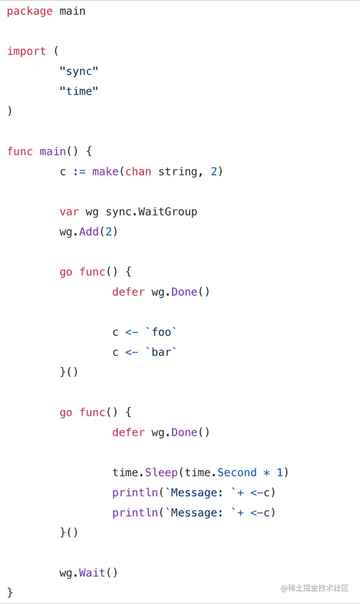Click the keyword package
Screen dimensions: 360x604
pyautogui.click(x=30, y=11)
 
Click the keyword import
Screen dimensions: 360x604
pyautogui.click(x=26, y=51)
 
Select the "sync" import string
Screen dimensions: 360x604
pyautogui.click(x=79, y=72)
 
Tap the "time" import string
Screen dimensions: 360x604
pyautogui.click(x=79, y=91)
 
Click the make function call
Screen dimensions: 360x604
pyautogui.click(x=105, y=172)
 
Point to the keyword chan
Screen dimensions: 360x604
pyautogui.click(x=138, y=172)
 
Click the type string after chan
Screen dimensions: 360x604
pyautogui.click(x=178, y=172)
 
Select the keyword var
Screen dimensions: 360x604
pyautogui.click(x=69, y=212)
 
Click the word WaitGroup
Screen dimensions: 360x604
pyautogui.click(x=168, y=212)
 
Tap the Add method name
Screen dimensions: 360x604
pyautogui.click(x=89, y=232)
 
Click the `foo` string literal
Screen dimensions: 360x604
pyautogui.click(x=161, y=332)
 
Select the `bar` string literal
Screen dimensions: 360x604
pyautogui.click(x=161, y=352)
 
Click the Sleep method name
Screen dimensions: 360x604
pyautogui.click(x=161, y=473)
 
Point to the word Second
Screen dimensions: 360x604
pyautogui.click(x=237, y=473)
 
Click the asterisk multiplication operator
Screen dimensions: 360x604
pyautogui.click(x=266, y=473)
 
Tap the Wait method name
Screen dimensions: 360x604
pyautogui.click(x=92, y=573)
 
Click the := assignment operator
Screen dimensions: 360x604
pyautogui.click(x=79, y=172)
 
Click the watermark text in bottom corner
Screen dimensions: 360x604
pyautogui.click(x=314, y=588)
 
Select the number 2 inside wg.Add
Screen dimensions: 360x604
pyautogui.click(x=109, y=232)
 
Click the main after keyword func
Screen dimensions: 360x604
pyautogui.click(x=53, y=151)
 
